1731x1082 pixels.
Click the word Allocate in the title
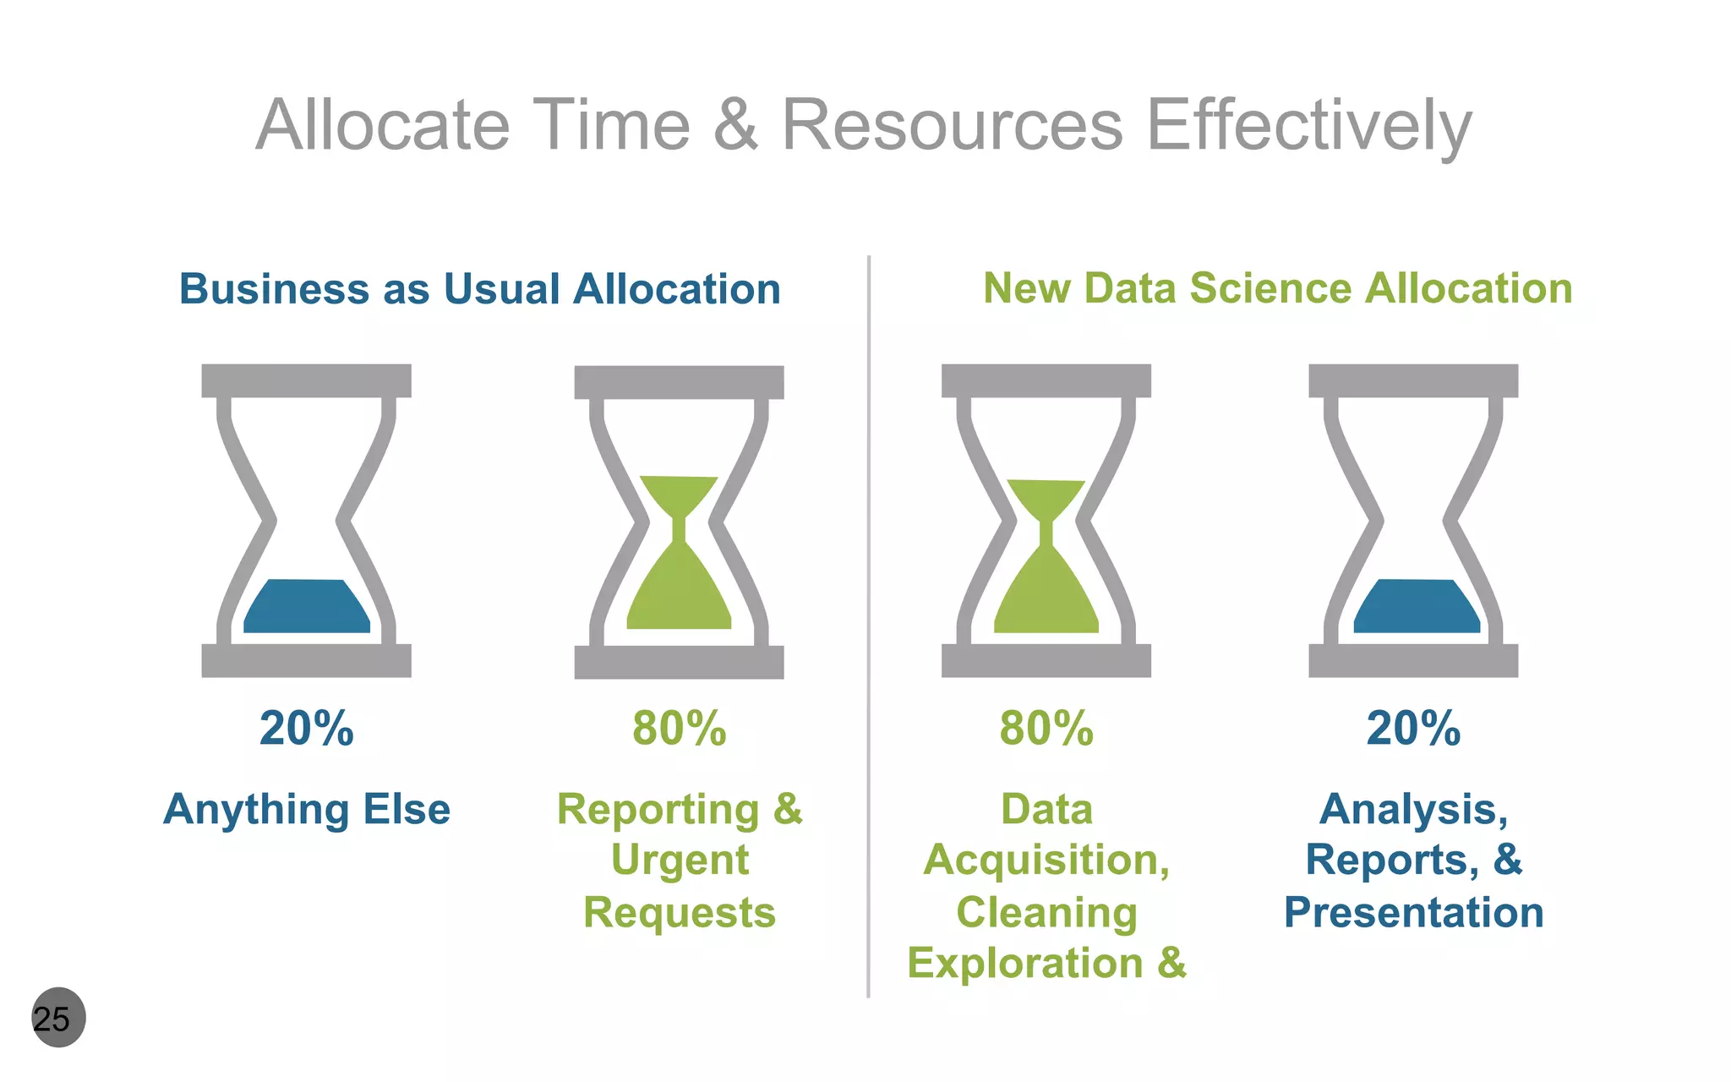pyautogui.click(x=383, y=125)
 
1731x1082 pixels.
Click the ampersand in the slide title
pyautogui.click(x=735, y=125)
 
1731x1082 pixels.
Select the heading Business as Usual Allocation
pyautogui.click(x=479, y=289)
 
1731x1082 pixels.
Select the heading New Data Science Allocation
pyautogui.click(x=1277, y=288)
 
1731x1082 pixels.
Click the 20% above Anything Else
pyautogui.click(x=306, y=728)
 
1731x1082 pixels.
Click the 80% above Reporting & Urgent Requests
pyautogui.click(x=679, y=728)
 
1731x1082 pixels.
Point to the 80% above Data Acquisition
pyautogui.click(x=1046, y=728)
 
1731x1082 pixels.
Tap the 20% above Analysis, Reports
pyautogui.click(x=1412, y=728)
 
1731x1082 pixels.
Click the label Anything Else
pyautogui.click(x=306, y=809)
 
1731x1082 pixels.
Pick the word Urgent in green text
pyautogui.click(x=679, y=861)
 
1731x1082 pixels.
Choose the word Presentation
pyautogui.click(x=1413, y=912)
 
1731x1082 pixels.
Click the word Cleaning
pyautogui.click(x=1046, y=912)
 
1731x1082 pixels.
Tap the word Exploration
pyautogui.click(x=1024, y=963)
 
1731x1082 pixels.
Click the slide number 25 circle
pyautogui.click(x=57, y=1018)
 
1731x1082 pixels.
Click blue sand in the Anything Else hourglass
pyautogui.click(x=306, y=609)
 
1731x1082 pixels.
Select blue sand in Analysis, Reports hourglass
pyautogui.click(x=1416, y=609)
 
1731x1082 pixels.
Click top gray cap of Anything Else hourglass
pyautogui.click(x=306, y=380)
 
